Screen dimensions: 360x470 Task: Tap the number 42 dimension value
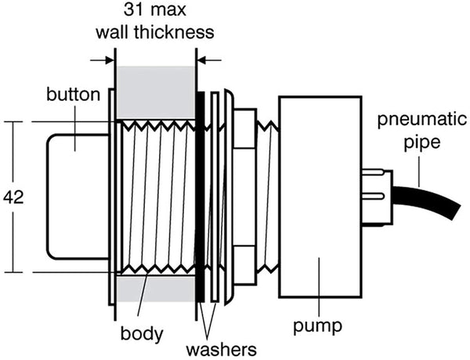point(13,197)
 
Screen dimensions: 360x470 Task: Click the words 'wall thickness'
point(155,33)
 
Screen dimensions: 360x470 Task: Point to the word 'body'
point(142,334)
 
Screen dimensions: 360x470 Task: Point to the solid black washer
point(201,196)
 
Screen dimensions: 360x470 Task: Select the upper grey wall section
point(155,92)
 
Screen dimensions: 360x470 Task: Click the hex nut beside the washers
point(244,196)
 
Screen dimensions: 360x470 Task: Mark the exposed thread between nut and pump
point(267,196)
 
